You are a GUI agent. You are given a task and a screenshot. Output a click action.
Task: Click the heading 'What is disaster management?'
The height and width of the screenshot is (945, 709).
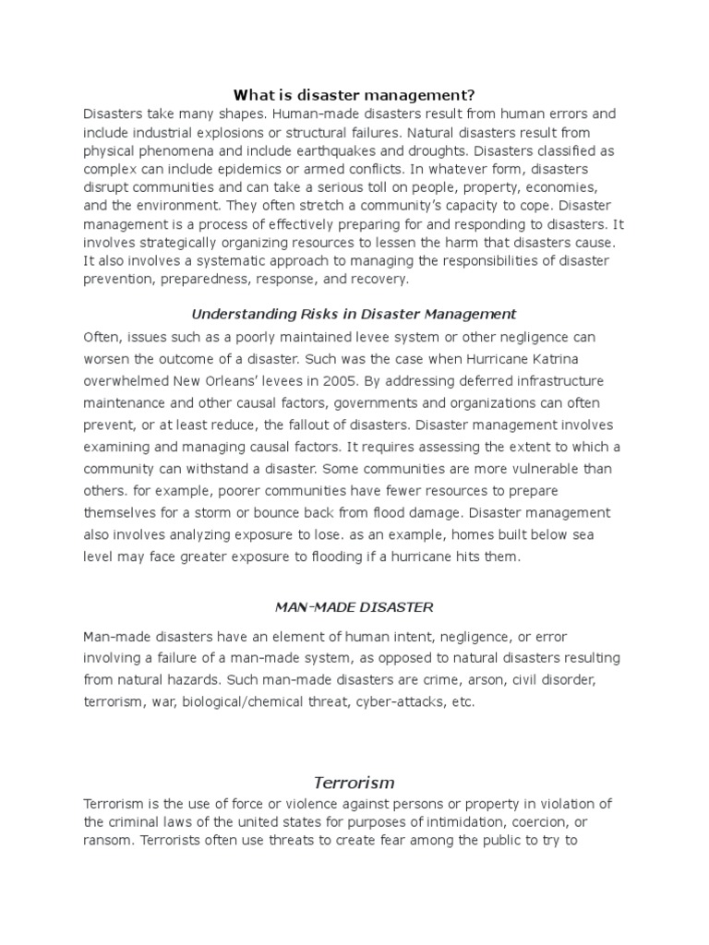pos(354,94)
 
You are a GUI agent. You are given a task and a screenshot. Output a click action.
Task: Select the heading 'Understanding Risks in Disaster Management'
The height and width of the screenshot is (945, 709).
pos(354,314)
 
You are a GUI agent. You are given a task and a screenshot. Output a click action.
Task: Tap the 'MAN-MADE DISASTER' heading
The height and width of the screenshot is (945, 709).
pos(354,607)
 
